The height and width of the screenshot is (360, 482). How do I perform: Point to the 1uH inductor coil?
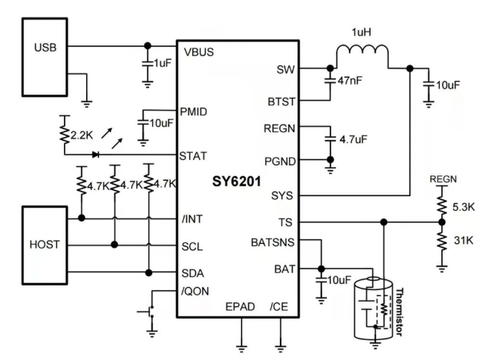361,56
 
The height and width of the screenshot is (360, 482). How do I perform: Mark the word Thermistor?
407,314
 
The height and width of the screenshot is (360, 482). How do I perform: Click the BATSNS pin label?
273,242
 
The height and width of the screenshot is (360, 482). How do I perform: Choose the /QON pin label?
197,292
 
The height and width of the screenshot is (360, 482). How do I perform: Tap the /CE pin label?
280,307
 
